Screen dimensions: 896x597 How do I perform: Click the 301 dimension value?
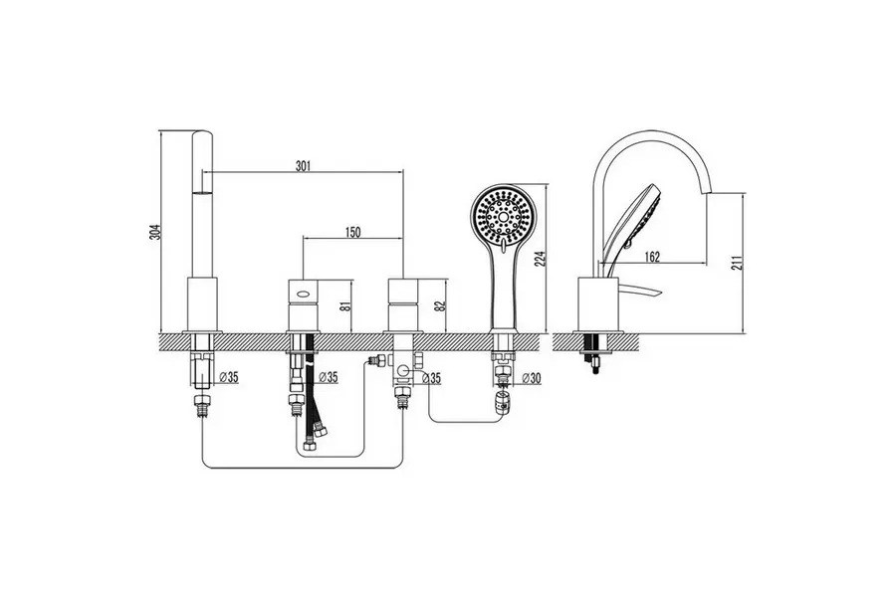[x=303, y=166]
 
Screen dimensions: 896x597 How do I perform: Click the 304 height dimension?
[x=155, y=232]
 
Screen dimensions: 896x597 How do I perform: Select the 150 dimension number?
[x=353, y=232]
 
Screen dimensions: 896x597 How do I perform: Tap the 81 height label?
[x=343, y=305]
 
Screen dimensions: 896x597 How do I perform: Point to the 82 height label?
[x=439, y=305]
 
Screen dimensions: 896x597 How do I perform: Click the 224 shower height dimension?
[x=541, y=259]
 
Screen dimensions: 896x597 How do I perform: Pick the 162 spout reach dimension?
[x=651, y=257]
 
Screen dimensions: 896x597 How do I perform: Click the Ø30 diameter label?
[x=531, y=378]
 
